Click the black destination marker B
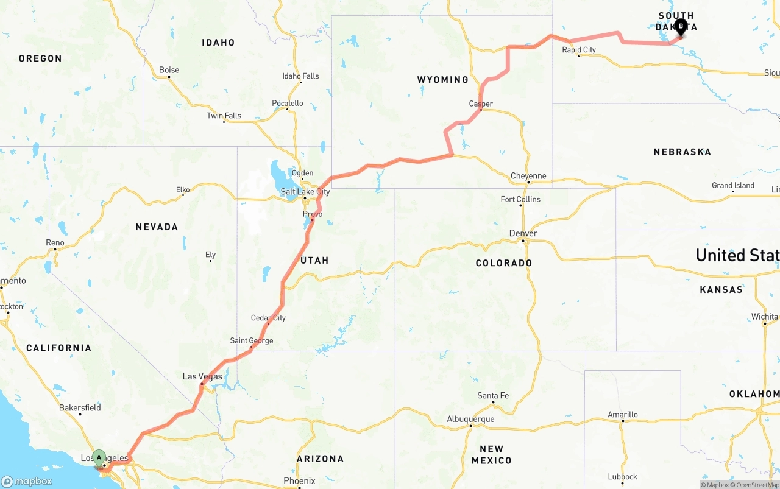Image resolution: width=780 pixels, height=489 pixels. point(681,27)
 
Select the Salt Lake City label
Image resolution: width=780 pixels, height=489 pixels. point(305,192)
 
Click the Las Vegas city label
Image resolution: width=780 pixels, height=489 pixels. point(202,377)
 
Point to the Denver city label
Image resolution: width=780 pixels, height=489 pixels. point(523,233)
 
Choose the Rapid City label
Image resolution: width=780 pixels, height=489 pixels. point(579,50)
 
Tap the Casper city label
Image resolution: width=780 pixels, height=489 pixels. point(481,104)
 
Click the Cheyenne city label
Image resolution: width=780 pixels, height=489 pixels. point(528,176)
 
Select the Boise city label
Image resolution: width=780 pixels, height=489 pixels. point(169,70)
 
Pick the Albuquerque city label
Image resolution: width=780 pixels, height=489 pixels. point(470,419)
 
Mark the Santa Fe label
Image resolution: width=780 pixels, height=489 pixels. point(493,396)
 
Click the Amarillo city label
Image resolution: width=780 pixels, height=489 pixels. point(623,415)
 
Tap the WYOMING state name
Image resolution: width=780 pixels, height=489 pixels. point(443,80)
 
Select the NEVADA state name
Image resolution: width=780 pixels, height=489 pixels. point(157,227)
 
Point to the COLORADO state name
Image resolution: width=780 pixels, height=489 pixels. point(504,263)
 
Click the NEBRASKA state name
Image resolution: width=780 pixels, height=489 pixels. point(682,152)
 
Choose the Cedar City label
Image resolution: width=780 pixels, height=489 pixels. point(268,318)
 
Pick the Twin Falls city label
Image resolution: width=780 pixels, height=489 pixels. point(224,116)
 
